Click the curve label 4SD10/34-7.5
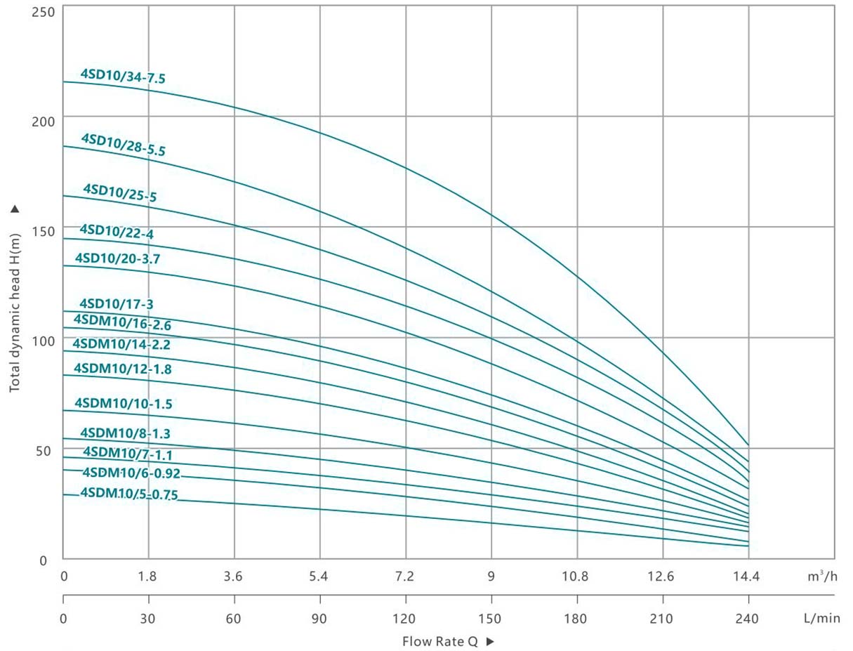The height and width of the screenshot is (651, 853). point(123,76)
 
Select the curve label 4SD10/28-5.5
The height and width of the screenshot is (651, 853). point(123,143)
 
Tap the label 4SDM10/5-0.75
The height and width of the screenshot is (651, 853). point(129,493)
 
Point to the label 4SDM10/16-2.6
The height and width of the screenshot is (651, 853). point(122,322)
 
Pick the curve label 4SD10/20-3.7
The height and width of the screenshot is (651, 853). point(117,258)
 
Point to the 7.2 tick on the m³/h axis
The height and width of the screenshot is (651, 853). point(405,577)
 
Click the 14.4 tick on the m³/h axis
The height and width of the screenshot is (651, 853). point(748,577)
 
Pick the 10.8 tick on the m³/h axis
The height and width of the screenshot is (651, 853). point(576,577)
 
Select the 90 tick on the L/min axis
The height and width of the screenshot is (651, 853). point(319,619)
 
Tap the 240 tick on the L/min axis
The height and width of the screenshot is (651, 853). point(748,619)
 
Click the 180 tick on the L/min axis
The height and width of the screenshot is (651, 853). point(576,619)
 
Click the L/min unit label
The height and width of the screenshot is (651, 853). point(821,619)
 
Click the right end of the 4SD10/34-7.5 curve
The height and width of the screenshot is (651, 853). point(748,445)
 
